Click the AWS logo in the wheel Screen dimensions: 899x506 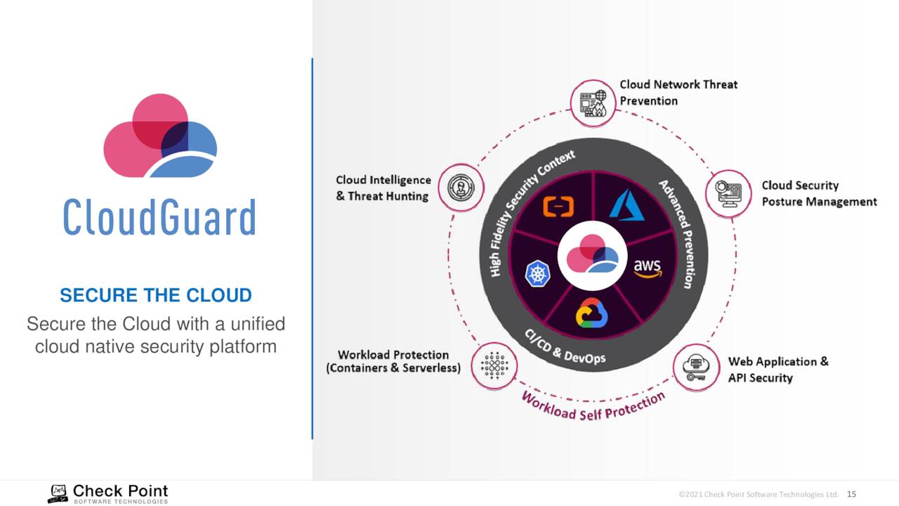648,268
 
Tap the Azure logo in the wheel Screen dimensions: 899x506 626,205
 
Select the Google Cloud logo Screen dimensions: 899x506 591,313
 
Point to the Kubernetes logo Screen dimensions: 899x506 537,273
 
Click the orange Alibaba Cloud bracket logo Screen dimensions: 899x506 558,207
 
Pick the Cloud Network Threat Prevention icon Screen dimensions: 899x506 593,103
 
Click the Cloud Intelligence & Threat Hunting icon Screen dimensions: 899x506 461,188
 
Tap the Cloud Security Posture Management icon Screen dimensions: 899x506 728,194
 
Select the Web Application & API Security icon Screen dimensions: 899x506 696,368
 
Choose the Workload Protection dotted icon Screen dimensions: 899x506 494,366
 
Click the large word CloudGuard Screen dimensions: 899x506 159,217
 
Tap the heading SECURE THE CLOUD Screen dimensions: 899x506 156,295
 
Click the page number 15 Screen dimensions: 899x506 851,494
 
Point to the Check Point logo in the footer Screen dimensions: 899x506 108,493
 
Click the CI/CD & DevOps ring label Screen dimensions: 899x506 565,347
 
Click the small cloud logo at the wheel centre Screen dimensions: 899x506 592,254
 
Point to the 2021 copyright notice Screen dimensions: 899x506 759,494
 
